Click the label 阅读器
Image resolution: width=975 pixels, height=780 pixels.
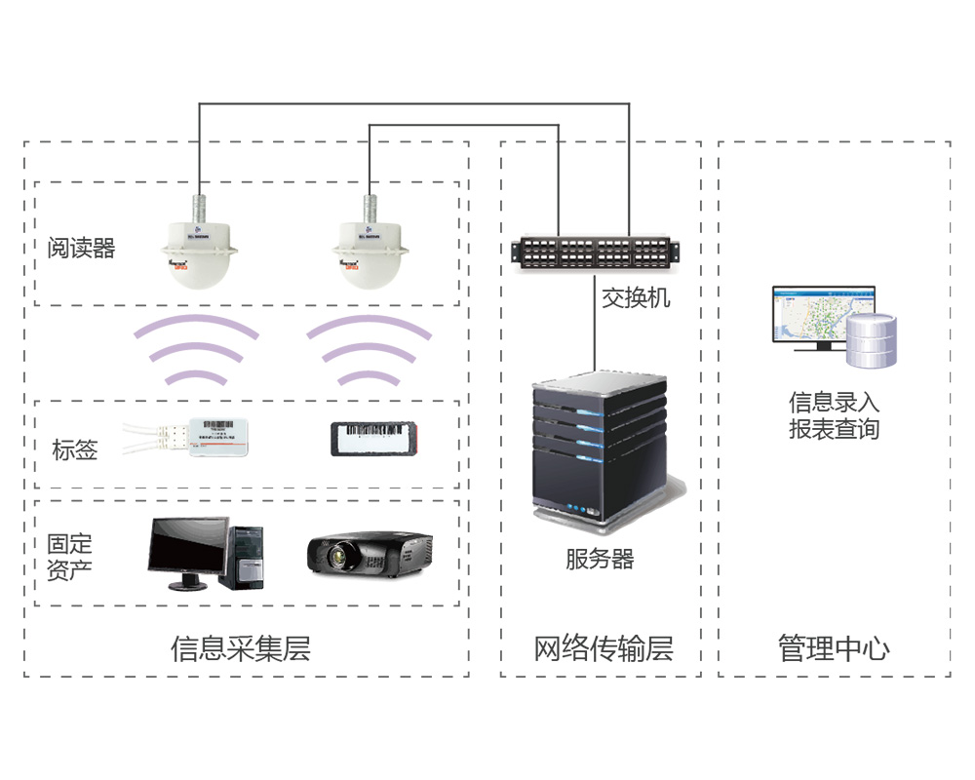click(x=82, y=249)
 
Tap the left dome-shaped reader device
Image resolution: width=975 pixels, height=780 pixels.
click(x=198, y=253)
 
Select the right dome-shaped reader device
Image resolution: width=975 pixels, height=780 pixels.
click(x=370, y=253)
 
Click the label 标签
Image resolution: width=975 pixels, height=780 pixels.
click(x=75, y=449)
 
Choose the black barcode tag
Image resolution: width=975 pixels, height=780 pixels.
click(x=373, y=435)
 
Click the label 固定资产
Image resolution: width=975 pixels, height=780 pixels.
click(x=70, y=556)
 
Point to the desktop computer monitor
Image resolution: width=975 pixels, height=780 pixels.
click(x=187, y=547)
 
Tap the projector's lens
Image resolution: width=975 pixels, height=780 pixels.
click(x=337, y=557)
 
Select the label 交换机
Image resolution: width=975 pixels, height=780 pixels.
click(x=636, y=297)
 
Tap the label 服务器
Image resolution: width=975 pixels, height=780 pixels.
click(x=600, y=560)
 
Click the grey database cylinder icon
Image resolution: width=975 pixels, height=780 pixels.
click(x=871, y=341)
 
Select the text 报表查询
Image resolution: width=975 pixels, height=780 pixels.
click(x=834, y=428)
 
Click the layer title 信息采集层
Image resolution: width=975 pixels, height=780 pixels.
click(x=241, y=648)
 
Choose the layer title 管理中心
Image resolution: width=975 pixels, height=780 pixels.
click(x=834, y=648)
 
